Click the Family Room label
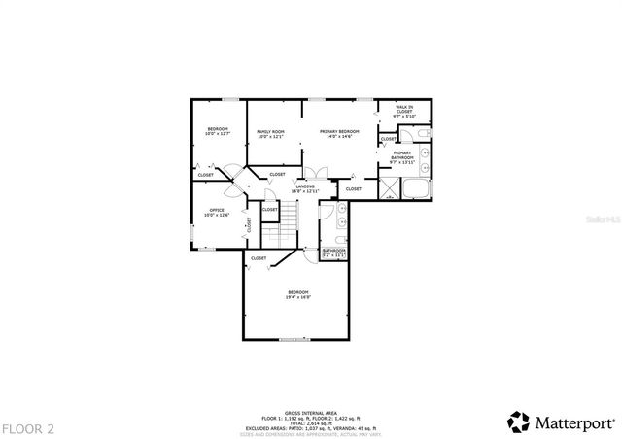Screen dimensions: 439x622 coord(270,134)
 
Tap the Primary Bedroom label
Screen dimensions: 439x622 coord(339,134)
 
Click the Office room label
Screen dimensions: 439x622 coord(218,212)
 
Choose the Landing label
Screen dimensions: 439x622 coord(306,189)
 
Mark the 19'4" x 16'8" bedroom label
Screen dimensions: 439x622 coord(297,295)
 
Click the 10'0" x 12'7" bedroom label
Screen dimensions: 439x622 coord(217,132)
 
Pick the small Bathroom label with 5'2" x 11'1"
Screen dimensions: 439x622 coord(334,253)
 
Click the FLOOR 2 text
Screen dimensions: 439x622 coord(28,428)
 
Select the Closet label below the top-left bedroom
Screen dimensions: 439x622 coord(206,175)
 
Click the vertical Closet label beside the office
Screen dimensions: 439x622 coord(249,224)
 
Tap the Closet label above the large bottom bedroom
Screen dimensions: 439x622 coord(259,258)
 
